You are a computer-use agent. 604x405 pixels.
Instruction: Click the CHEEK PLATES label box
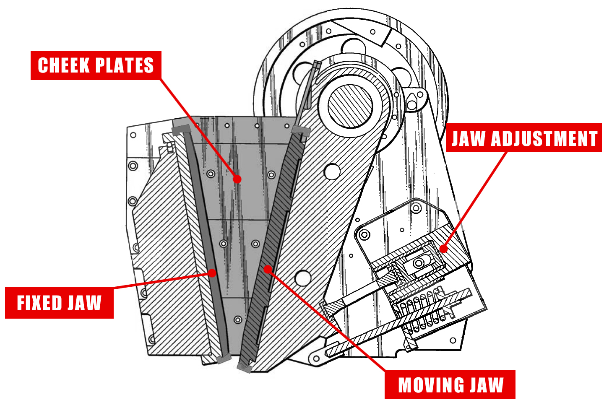96,65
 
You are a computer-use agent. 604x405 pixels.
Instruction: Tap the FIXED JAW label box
59,303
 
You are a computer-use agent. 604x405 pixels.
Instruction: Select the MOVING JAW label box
450,385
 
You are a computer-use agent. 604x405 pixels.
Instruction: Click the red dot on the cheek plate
237,179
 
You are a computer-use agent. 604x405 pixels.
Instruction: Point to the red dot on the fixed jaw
212,273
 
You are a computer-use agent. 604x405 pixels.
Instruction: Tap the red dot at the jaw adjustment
443,248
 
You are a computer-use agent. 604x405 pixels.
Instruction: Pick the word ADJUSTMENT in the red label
544,138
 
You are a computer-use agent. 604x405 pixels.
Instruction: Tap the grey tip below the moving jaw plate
244,368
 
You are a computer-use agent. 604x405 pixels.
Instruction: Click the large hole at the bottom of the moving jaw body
302,278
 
